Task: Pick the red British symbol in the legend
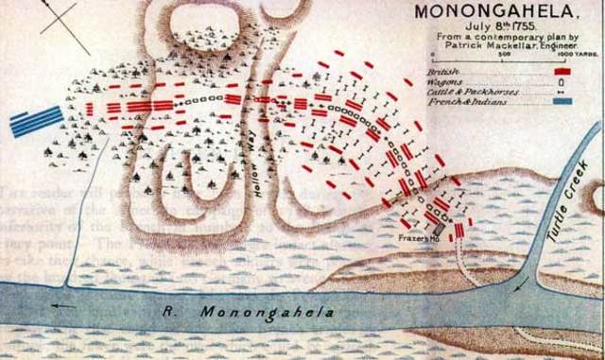click(567, 72)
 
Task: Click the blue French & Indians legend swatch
click(566, 99)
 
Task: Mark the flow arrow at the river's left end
click(64, 305)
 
